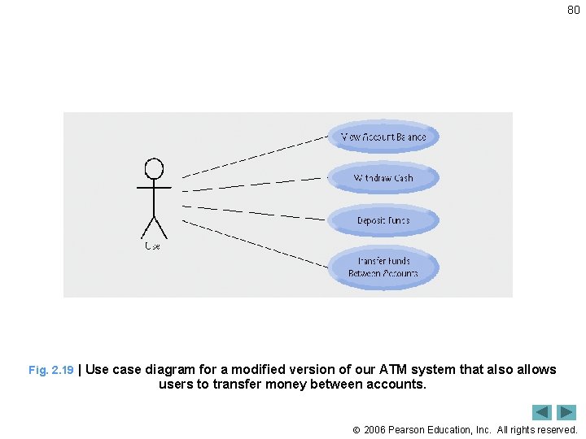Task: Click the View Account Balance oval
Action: (383, 137)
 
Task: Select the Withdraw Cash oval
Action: (383, 178)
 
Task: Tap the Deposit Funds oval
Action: (383, 220)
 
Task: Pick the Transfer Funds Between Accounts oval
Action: (383, 267)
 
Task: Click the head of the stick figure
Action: (154, 168)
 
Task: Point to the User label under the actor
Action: (152, 246)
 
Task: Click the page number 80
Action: (573, 11)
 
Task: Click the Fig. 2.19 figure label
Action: (50, 370)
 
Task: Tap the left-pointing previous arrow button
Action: (542, 412)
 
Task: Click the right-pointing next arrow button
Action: (566, 412)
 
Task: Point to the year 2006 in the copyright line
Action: (375, 429)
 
